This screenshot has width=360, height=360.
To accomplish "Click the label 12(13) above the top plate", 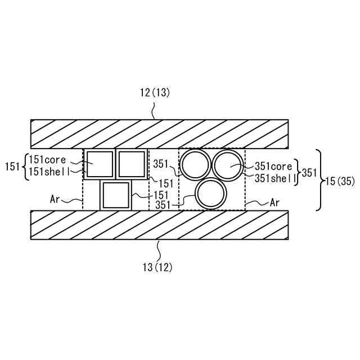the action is (x=155, y=93).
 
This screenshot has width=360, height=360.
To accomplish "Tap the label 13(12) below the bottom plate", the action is (x=157, y=268).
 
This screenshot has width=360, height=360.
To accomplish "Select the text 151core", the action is (x=47, y=160).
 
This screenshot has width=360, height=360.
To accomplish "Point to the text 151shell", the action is (x=49, y=172).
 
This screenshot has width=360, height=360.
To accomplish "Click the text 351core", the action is (x=273, y=166).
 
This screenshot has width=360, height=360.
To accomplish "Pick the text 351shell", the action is (x=275, y=178).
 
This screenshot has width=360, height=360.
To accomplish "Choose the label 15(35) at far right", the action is (x=340, y=181).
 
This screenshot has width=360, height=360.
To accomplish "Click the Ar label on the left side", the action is (x=55, y=199).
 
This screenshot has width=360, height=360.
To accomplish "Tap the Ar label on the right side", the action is (x=275, y=202).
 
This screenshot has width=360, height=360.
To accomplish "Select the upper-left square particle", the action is (x=100, y=164).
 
